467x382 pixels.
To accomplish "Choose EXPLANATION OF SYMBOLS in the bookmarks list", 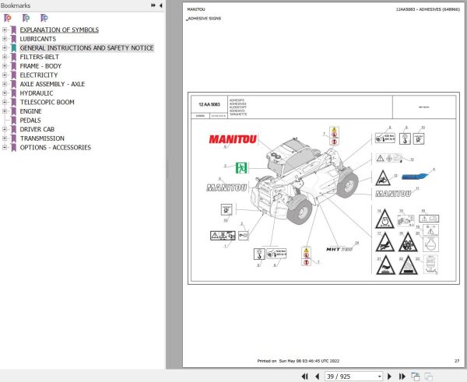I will tap(59, 30).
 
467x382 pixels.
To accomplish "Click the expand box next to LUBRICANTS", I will tap(5, 39).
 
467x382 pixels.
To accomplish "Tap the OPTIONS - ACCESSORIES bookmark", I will tap(54, 147).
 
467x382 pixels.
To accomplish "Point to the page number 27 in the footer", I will tap(457, 361).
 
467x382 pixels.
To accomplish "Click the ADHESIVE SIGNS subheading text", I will tap(206, 19).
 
